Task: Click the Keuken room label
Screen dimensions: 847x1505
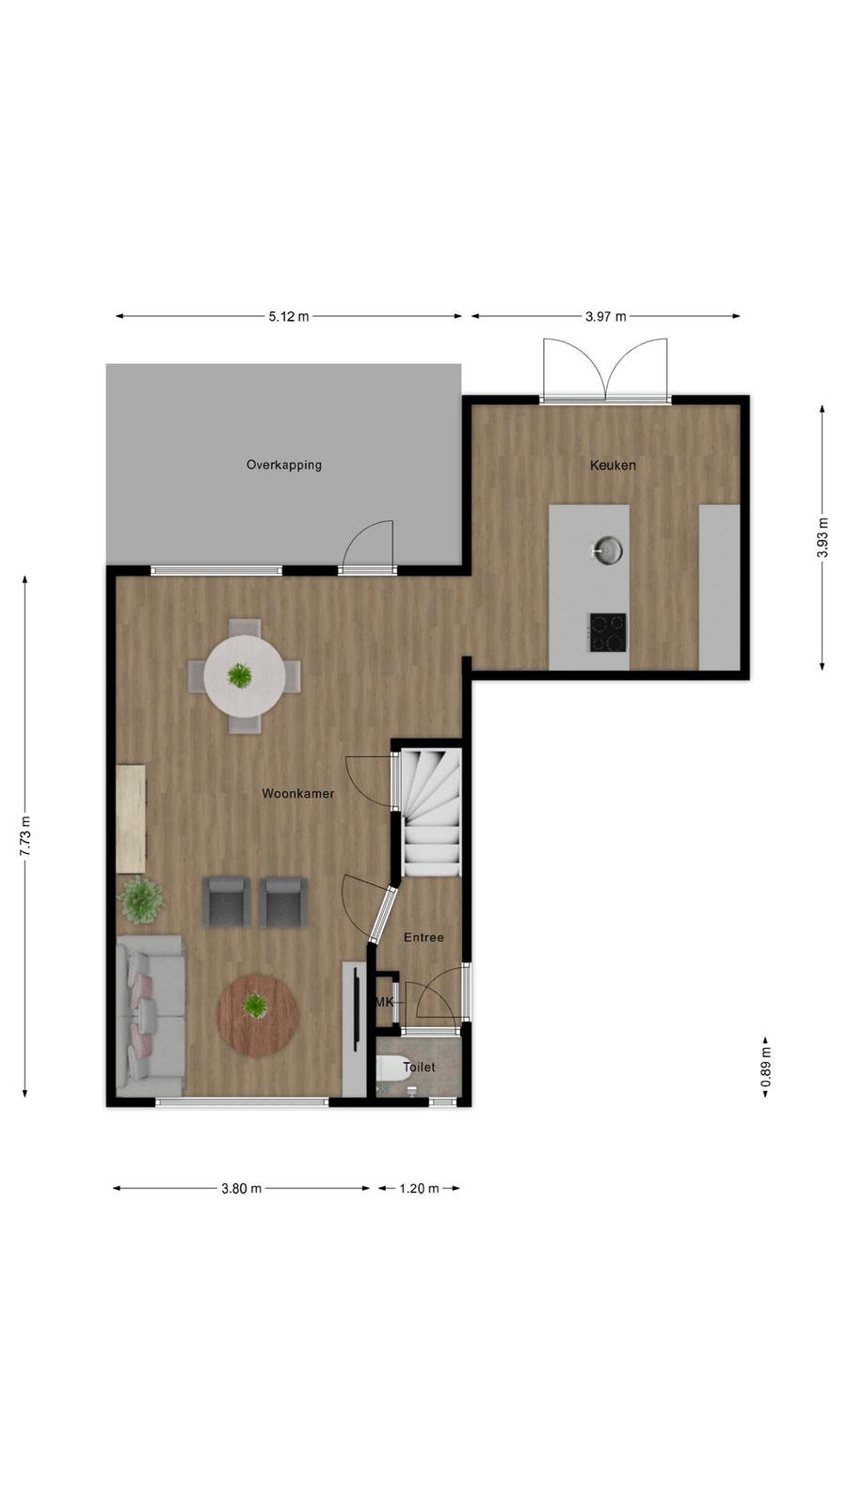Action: tap(613, 465)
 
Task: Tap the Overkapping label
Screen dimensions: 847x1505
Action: tap(283, 465)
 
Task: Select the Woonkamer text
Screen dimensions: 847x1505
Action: tap(297, 794)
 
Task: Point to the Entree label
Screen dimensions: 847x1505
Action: tap(423, 937)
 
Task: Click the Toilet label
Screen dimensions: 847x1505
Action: tap(419, 1067)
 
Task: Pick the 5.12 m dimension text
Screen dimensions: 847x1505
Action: tap(289, 316)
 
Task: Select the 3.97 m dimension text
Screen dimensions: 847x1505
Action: tap(606, 316)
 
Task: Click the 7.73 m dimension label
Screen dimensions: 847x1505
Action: tap(25, 836)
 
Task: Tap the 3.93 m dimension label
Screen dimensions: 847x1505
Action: tap(823, 537)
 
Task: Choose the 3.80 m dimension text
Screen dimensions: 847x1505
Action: tap(241, 1189)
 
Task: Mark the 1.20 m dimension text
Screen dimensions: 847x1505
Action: tap(419, 1189)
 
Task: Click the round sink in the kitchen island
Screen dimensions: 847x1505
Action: tap(607, 551)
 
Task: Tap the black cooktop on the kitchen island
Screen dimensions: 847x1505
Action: tap(608, 632)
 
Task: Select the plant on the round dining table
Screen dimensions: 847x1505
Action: tap(239, 675)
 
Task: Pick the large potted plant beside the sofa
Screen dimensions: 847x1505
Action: tap(141, 899)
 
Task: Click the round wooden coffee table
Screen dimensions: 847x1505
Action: tap(258, 1016)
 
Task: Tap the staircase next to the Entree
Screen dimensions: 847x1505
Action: tap(432, 813)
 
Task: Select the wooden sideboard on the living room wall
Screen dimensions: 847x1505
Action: tap(131, 818)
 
